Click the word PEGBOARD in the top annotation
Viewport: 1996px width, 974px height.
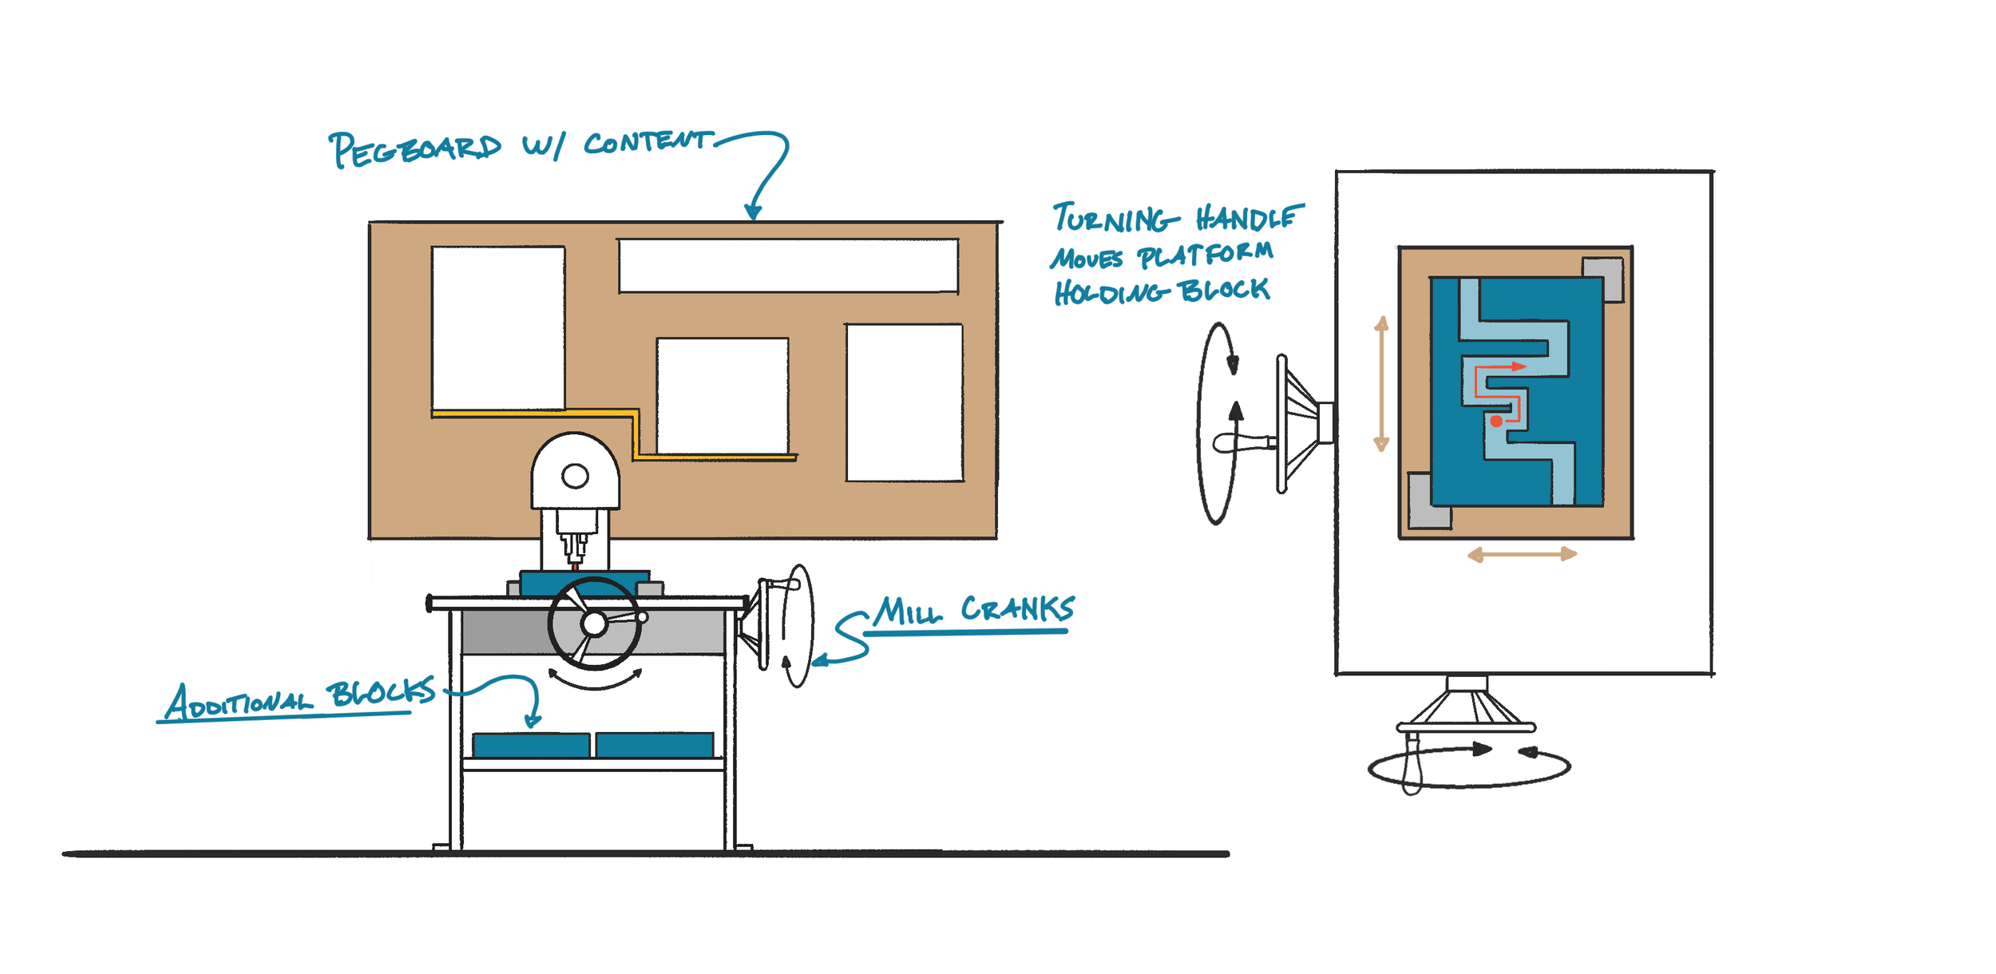coord(415,149)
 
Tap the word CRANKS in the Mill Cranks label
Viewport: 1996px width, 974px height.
coord(1017,609)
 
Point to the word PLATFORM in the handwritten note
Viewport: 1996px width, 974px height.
coord(1205,255)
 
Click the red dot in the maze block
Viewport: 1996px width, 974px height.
coord(1496,421)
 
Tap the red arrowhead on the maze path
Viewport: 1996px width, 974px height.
coord(1519,366)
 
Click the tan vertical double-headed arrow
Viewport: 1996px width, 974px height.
coord(1382,383)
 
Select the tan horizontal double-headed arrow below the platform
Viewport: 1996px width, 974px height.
coord(1522,554)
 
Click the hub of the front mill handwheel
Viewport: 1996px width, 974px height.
coord(594,624)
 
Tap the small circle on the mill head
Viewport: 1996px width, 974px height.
coord(575,477)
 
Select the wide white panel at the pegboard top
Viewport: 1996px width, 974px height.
coord(788,266)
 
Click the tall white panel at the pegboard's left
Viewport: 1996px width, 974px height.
coord(498,328)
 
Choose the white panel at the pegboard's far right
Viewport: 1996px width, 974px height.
coord(905,402)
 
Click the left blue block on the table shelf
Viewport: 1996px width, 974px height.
coord(531,745)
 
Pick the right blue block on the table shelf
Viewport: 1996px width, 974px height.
coord(655,745)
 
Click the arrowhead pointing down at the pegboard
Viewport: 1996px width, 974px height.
coord(752,212)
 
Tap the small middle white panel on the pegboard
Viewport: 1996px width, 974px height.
coord(723,396)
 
